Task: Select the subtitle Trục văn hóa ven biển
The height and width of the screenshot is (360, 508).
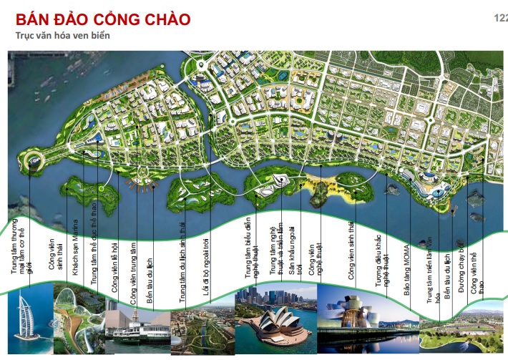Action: (x=64, y=35)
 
